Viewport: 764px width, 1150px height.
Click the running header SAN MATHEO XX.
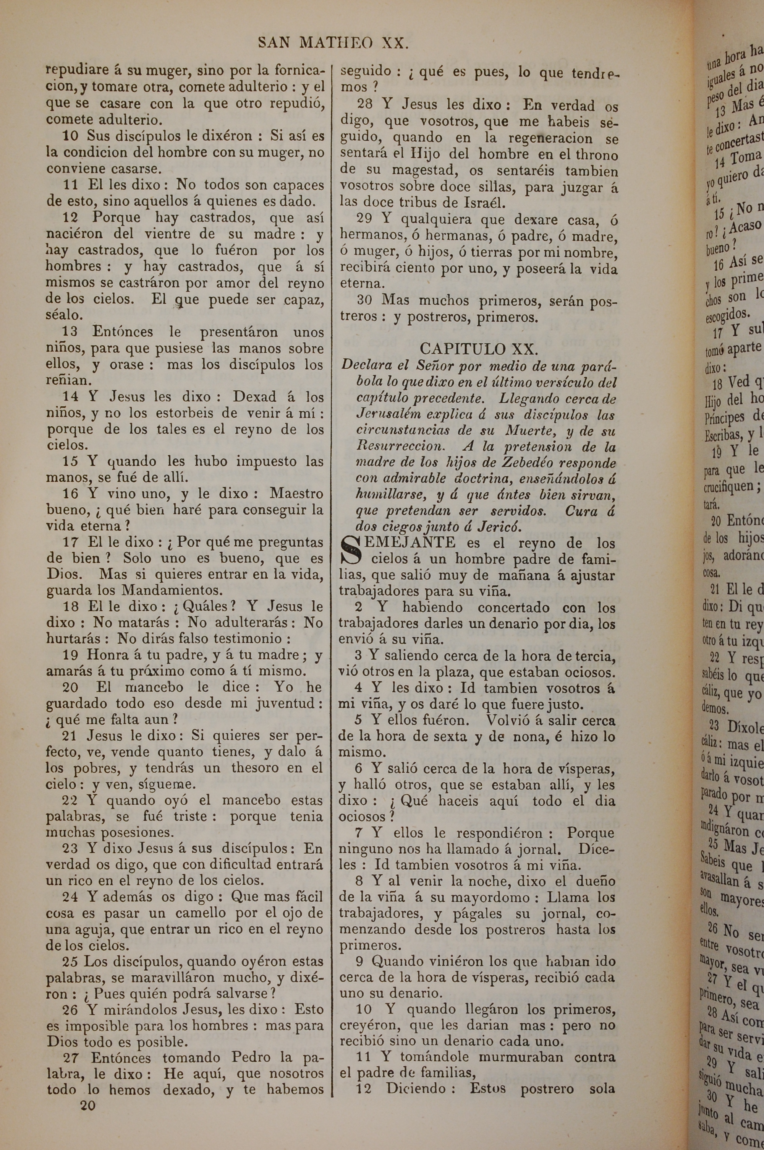(333, 43)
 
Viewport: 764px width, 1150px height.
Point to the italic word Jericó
(499, 526)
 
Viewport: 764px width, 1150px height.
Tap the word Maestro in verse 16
(297, 494)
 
